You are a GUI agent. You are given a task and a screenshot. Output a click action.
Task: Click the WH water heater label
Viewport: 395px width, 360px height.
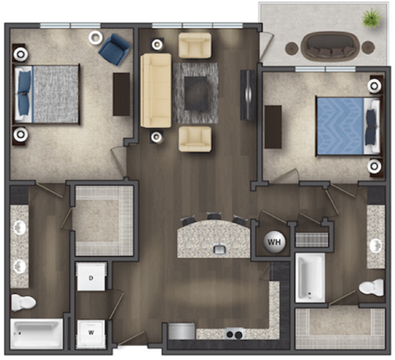(272, 242)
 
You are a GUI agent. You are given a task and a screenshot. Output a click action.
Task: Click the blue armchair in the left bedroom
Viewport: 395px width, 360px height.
(113, 48)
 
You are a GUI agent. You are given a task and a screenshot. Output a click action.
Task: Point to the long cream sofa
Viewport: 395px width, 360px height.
(155, 90)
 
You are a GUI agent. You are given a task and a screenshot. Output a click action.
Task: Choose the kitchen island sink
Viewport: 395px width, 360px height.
(220, 248)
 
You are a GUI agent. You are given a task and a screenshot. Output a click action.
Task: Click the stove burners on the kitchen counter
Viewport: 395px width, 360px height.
(233, 335)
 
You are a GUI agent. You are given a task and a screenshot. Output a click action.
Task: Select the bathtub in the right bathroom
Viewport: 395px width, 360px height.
(309, 279)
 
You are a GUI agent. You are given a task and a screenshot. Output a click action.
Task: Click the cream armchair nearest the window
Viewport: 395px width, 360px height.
(194, 45)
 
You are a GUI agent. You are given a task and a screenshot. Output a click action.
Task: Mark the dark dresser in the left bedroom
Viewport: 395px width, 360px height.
(122, 93)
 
